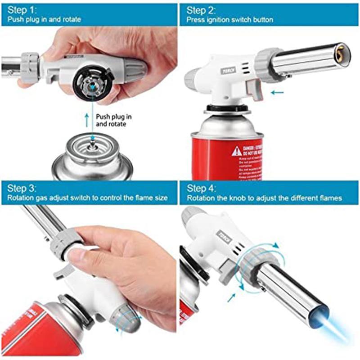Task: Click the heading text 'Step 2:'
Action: point(201,9)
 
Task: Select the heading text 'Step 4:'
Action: point(202,188)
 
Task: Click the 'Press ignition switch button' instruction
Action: point(230,20)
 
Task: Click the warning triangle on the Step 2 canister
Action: point(237,151)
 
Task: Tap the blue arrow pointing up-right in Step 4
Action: point(232,297)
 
